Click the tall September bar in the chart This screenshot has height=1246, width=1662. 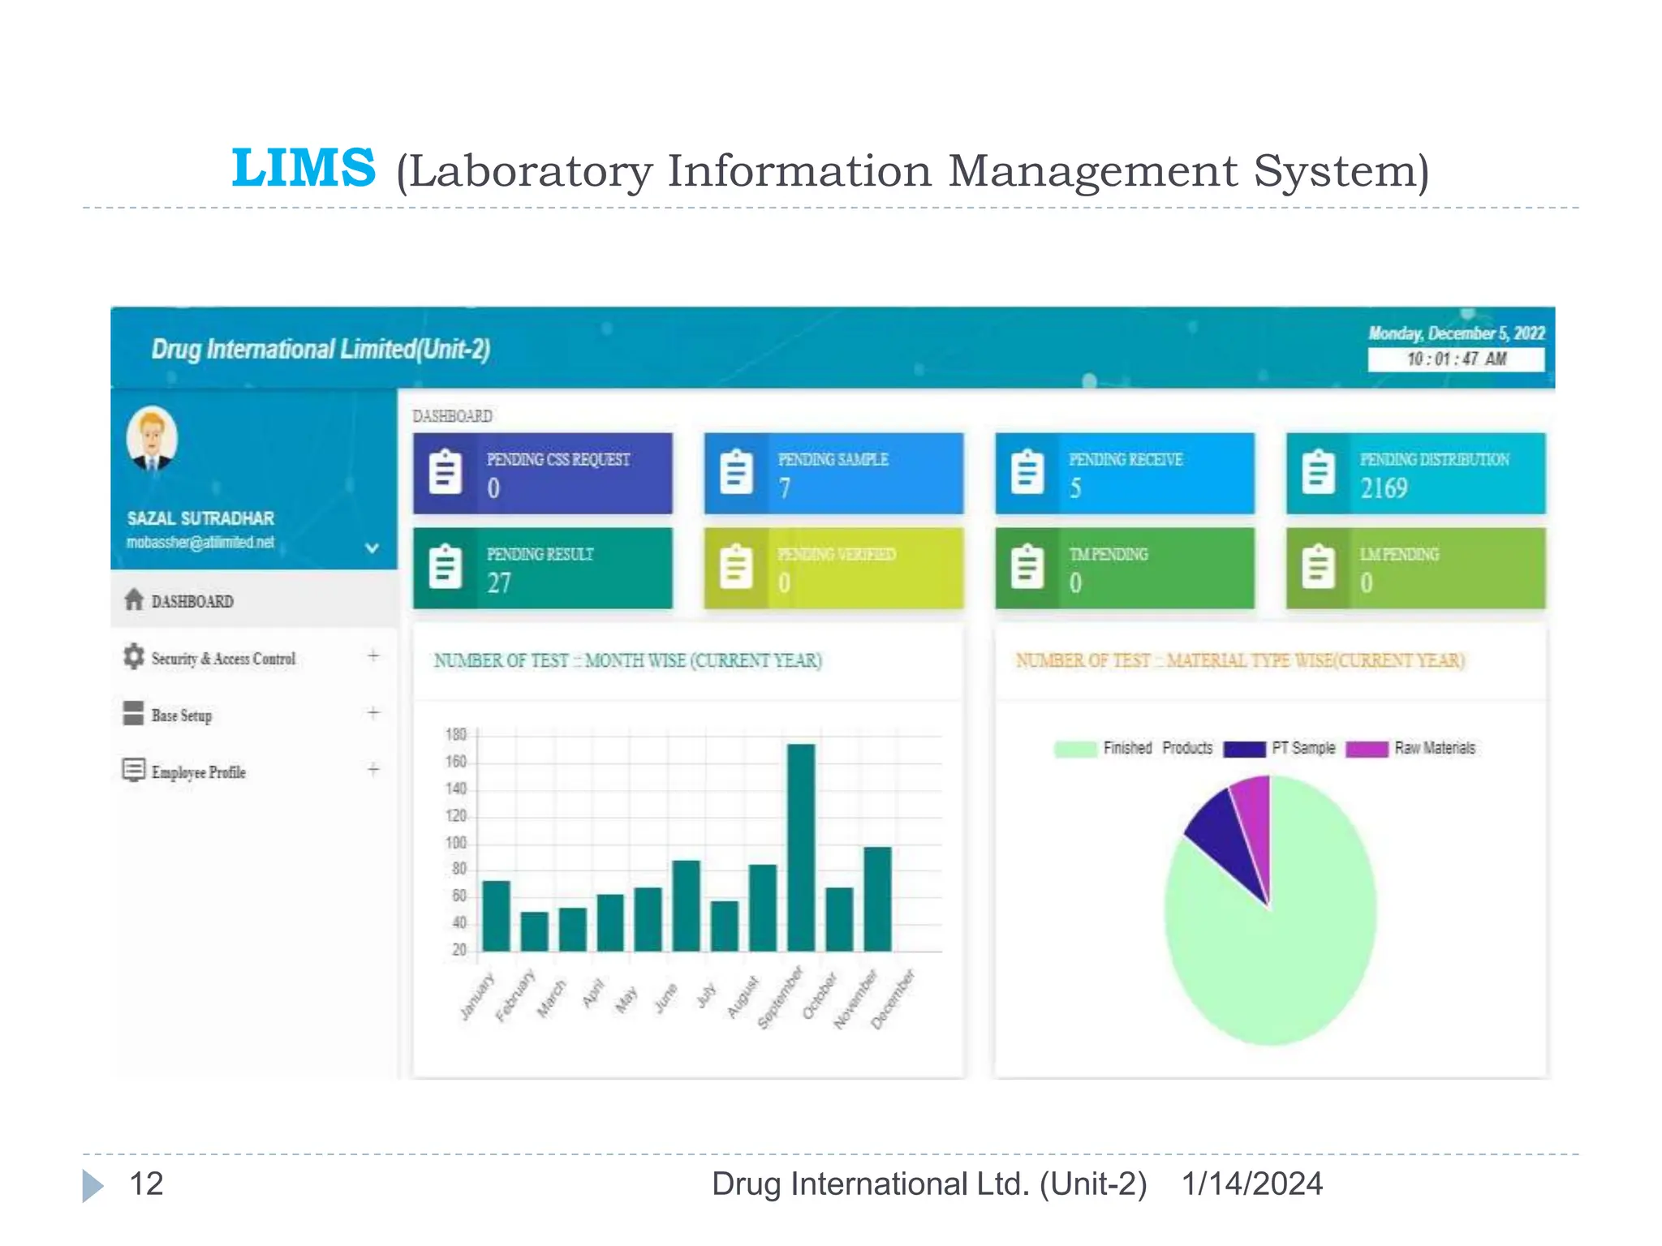point(800,847)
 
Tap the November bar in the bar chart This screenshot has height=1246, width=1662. point(877,898)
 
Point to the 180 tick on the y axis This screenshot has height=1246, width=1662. point(456,735)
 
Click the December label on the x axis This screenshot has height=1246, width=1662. point(893,999)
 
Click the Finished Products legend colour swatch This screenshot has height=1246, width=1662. point(1075,749)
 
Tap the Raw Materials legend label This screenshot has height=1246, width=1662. point(1434,748)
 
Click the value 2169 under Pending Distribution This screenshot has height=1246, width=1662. point(1384,488)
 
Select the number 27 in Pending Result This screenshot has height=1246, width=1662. point(499,582)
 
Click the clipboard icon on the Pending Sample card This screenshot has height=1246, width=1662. point(736,472)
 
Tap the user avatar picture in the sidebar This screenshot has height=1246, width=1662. point(152,439)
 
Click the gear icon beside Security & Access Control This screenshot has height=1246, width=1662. point(133,656)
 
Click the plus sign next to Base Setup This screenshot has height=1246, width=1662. point(373,713)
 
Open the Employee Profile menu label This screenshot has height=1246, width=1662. point(198,771)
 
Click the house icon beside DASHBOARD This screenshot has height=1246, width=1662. point(134,599)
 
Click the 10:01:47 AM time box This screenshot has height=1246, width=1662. point(1455,359)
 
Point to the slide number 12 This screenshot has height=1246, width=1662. point(147,1184)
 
